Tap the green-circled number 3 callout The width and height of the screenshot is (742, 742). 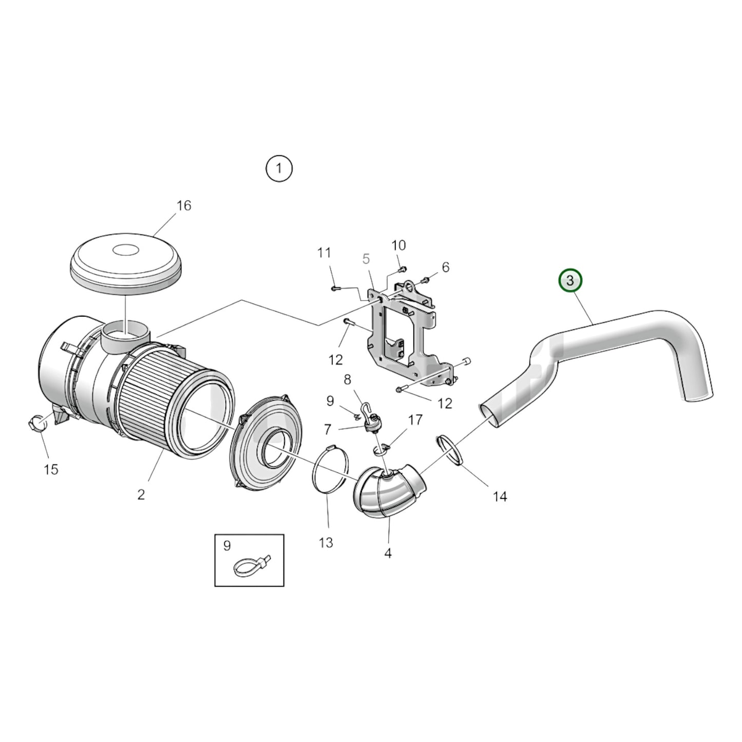pyautogui.click(x=570, y=281)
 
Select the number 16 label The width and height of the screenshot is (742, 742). pyautogui.click(x=183, y=205)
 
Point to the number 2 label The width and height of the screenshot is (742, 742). pyautogui.click(x=141, y=494)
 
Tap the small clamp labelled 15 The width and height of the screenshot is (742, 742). pyautogui.click(x=39, y=424)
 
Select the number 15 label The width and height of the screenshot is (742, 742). pyautogui.click(x=51, y=469)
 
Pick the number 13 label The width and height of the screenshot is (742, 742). pyautogui.click(x=326, y=542)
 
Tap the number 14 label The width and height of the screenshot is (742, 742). pyautogui.click(x=500, y=496)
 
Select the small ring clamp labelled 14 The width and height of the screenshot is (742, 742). pyautogui.click(x=450, y=450)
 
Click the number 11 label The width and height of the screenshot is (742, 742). pyautogui.click(x=324, y=253)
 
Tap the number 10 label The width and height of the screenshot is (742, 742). pyautogui.click(x=398, y=245)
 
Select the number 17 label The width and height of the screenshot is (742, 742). pyautogui.click(x=415, y=420)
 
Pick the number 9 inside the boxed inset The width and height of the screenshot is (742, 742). pyautogui.click(x=227, y=546)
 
